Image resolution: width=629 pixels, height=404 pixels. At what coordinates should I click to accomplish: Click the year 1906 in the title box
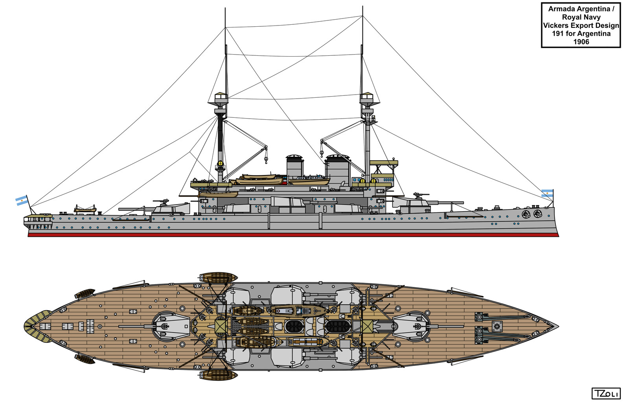pos(581,42)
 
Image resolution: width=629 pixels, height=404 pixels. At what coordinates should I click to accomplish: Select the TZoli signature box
pos(605,393)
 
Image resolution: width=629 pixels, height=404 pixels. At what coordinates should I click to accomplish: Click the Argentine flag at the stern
pos(22,201)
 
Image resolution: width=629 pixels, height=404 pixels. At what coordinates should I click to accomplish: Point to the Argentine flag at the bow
pos(547,193)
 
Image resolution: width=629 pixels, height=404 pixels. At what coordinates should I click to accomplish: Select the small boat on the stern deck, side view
pos(85,208)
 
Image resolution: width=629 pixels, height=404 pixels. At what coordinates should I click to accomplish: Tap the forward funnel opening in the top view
pos(338,326)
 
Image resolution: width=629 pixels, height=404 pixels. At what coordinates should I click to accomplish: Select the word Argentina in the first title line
pos(593,9)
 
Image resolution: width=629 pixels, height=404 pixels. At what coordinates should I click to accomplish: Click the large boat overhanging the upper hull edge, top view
pos(218,277)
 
